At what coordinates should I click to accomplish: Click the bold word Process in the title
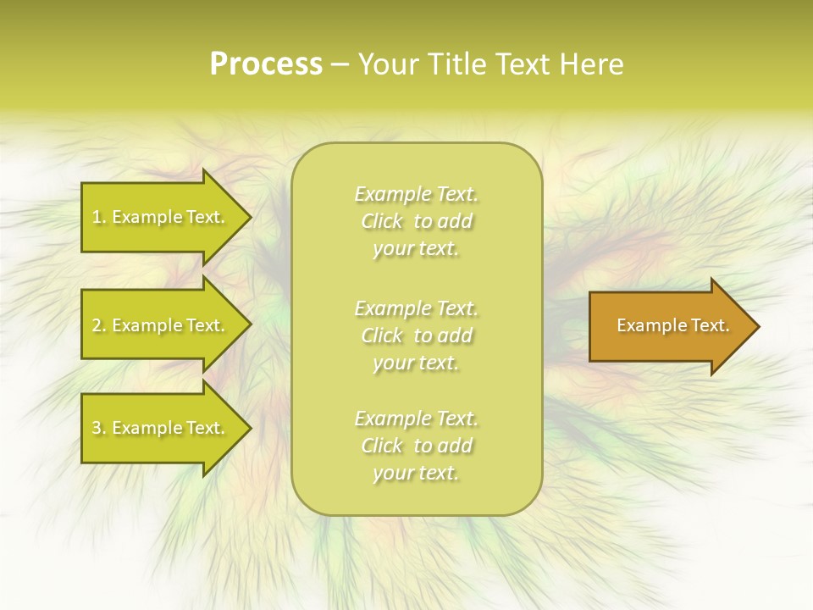(x=266, y=64)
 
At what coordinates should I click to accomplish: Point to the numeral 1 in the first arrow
(x=96, y=217)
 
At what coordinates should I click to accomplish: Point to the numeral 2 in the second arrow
(x=97, y=325)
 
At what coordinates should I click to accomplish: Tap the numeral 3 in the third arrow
(x=97, y=428)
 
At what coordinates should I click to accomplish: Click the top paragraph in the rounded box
(x=416, y=221)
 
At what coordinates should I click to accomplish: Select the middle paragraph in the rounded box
(x=416, y=335)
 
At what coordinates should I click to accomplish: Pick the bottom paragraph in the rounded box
(x=416, y=446)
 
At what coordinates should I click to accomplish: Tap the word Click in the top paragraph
(x=382, y=221)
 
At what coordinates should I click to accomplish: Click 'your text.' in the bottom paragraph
(x=416, y=473)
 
